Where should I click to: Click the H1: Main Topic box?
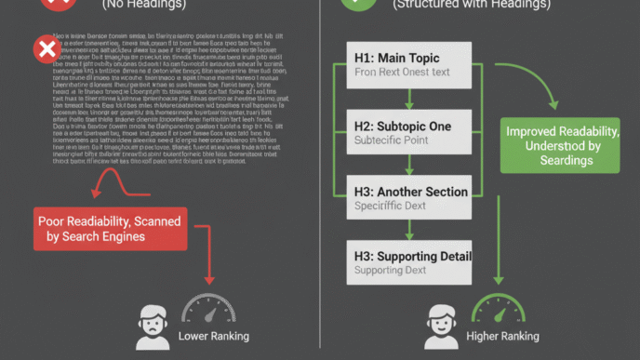point(410,65)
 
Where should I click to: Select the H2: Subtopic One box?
point(410,132)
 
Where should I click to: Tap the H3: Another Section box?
point(410,198)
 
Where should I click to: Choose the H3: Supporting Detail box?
point(410,262)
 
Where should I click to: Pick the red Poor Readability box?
point(109,229)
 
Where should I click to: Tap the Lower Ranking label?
point(214,336)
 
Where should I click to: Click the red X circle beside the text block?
point(45,47)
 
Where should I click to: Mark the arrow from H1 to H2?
point(409,99)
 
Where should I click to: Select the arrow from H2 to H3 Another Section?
point(409,165)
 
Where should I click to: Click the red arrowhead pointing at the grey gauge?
point(208,278)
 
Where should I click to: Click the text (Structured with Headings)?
point(459,4)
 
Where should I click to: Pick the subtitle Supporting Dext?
point(390,271)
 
